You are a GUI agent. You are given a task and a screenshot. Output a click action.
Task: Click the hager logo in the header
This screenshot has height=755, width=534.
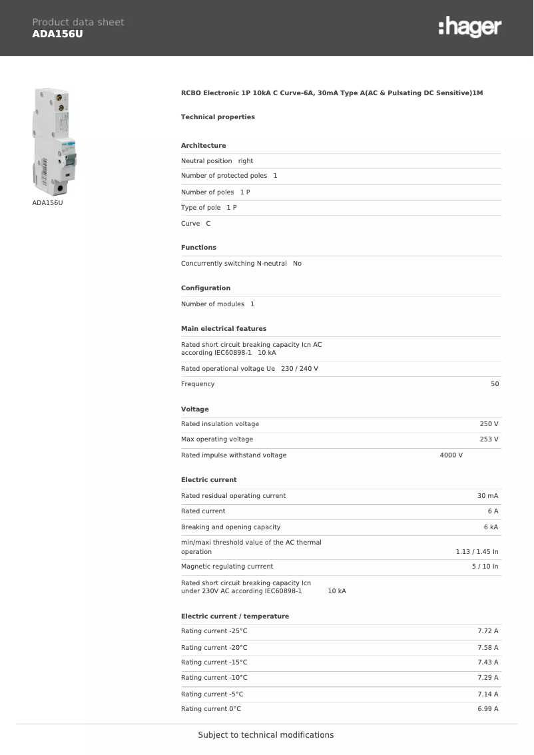pos(469,27)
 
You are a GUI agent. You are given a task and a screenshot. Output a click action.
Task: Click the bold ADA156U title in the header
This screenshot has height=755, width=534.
pos(57,33)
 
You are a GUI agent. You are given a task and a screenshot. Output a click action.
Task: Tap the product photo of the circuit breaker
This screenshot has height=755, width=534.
pos(55,140)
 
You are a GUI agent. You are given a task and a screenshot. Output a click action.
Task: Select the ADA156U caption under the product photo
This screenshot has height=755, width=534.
pos(47,202)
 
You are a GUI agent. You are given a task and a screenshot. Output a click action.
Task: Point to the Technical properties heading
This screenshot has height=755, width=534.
pos(218,117)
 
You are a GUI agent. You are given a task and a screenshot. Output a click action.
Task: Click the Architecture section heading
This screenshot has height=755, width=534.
pos(203,146)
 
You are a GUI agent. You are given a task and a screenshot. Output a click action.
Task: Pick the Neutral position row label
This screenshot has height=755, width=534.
pos(206,161)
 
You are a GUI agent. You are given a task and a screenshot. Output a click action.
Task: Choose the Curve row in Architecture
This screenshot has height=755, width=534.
pos(196,224)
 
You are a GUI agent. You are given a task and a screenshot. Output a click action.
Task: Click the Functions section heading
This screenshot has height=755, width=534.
pos(198,248)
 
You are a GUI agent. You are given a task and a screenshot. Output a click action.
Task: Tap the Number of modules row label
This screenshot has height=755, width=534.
pos(212,304)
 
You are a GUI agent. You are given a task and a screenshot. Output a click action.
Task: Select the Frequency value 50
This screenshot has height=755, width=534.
pos(494,384)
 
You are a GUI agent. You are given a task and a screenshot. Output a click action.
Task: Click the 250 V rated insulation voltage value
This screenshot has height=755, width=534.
pos(489,424)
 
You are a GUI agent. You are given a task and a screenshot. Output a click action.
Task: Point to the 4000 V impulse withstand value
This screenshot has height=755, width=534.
pos(451,455)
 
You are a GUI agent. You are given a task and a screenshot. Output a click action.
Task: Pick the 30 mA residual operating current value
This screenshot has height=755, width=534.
pos(487,496)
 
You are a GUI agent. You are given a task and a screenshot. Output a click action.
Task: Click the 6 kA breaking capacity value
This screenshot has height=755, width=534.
pos(491,527)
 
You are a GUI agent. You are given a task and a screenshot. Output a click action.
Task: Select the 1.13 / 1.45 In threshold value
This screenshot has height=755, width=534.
pos(477,552)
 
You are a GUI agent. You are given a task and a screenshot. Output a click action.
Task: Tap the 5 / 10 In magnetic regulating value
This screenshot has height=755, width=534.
pos(485,567)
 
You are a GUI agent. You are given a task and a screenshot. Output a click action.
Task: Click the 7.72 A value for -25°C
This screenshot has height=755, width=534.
pos(487,631)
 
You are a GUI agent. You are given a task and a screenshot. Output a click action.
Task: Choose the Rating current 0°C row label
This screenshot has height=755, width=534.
pos(211,709)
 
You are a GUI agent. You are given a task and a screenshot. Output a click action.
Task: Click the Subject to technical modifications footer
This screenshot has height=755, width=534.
pos(266,735)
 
